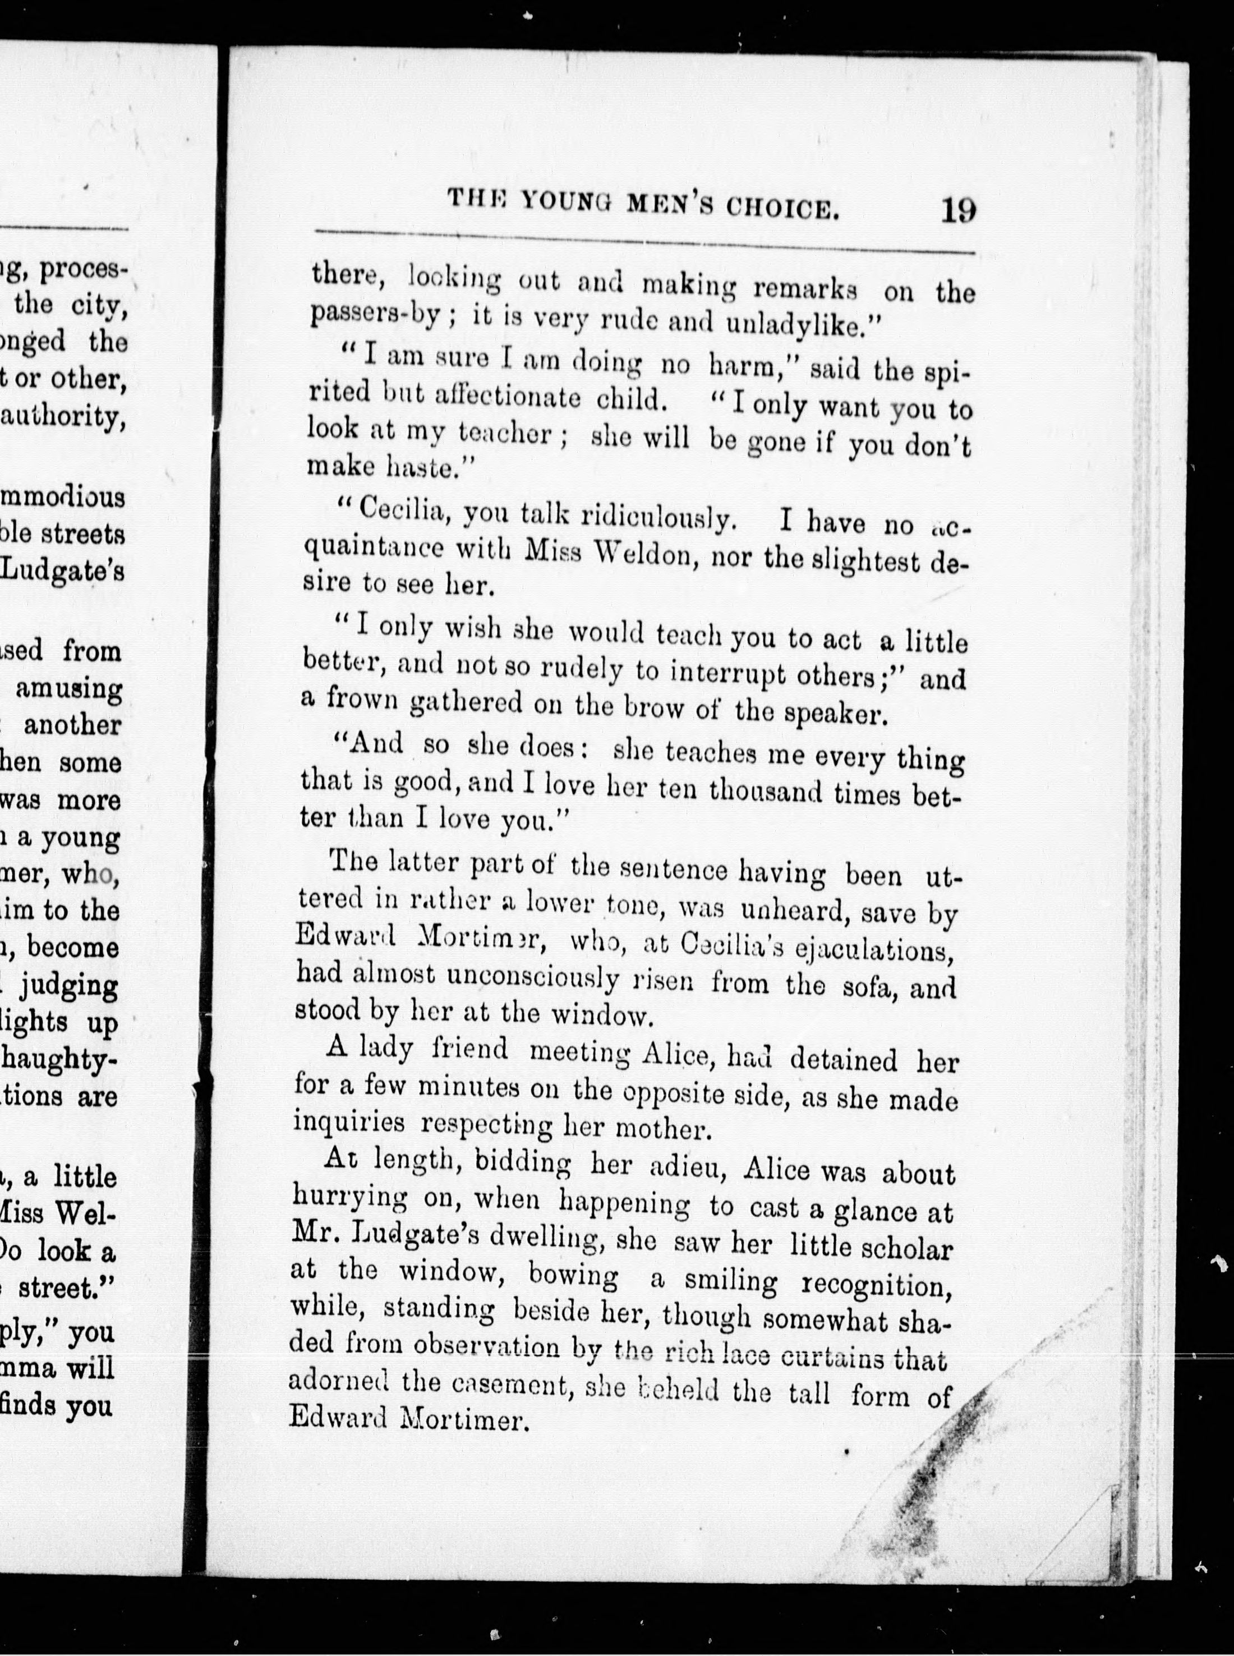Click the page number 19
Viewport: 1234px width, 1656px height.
(x=959, y=209)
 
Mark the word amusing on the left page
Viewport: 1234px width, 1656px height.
(x=69, y=689)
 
